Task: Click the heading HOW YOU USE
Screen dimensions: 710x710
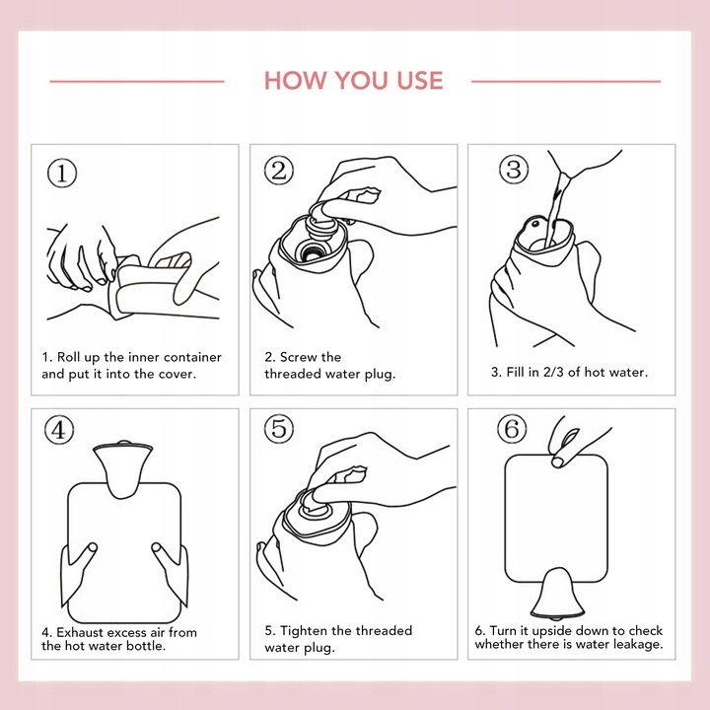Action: tap(354, 81)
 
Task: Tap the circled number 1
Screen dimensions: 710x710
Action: tap(62, 173)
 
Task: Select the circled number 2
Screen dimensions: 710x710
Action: tap(279, 171)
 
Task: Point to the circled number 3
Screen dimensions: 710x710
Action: tap(514, 169)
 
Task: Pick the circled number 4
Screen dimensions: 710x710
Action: tap(59, 430)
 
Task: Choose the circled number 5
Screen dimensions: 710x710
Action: tap(279, 428)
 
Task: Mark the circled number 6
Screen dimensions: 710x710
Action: tap(512, 428)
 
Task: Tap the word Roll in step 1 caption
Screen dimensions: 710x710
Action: tap(68, 357)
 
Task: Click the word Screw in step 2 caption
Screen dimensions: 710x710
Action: tap(298, 357)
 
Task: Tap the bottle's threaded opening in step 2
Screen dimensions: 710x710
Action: tap(312, 250)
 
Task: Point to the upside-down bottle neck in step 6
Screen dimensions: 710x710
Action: tap(556, 594)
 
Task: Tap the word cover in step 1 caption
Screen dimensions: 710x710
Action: tap(177, 375)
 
